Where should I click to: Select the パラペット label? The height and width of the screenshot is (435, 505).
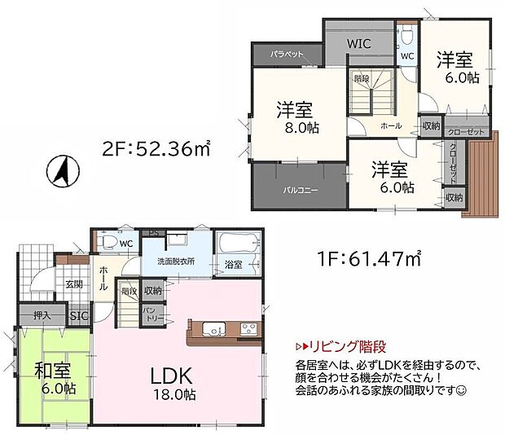[288, 54]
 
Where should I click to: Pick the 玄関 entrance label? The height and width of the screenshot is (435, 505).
[75, 284]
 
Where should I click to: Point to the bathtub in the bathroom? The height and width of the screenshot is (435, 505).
[238, 244]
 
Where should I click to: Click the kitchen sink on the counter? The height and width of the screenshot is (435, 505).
[214, 330]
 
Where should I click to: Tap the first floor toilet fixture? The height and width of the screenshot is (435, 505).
[105, 242]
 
